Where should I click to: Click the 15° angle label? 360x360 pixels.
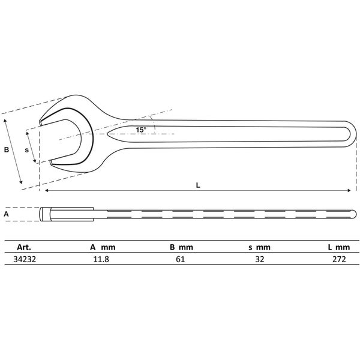point(140,130)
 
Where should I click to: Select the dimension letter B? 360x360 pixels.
point(7,150)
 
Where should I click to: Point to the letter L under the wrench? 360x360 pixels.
point(198,185)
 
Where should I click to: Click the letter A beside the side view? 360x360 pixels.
point(7,213)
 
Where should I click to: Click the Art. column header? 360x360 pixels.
point(25,247)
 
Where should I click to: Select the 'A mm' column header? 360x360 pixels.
point(102,247)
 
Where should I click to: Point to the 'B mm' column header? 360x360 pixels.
point(182,247)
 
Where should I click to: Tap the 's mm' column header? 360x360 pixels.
point(259,247)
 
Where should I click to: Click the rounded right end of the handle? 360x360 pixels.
point(350,133)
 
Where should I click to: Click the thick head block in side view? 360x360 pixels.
point(66,213)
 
